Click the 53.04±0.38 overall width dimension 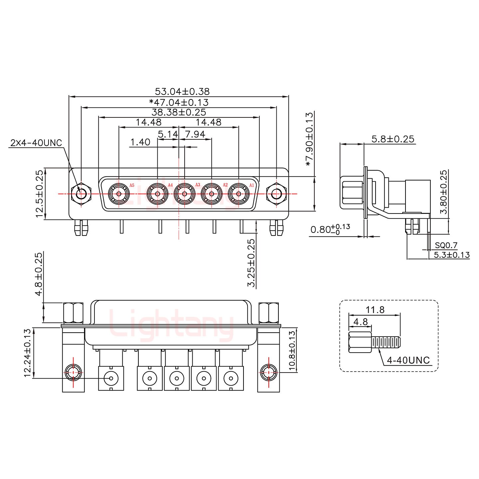click(x=182, y=91)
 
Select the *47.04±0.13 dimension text click(x=179, y=102)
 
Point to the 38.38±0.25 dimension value click(x=179, y=112)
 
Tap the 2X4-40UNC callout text click(x=36, y=143)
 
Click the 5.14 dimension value click(x=168, y=135)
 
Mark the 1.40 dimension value click(x=140, y=142)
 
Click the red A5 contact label click(x=132, y=185)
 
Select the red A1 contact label click(x=251, y=185)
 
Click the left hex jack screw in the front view click(x=81, y=194)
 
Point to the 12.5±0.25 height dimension click(x=40, y=194)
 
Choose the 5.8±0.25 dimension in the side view click(x=393, y=139)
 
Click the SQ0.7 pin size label click(x=446, y=245)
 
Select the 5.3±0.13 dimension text click(x=451, y=255)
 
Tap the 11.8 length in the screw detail click(x=375, y=310)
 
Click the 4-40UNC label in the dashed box click(x=408, y=360)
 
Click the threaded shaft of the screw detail click(x=386, y=342)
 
